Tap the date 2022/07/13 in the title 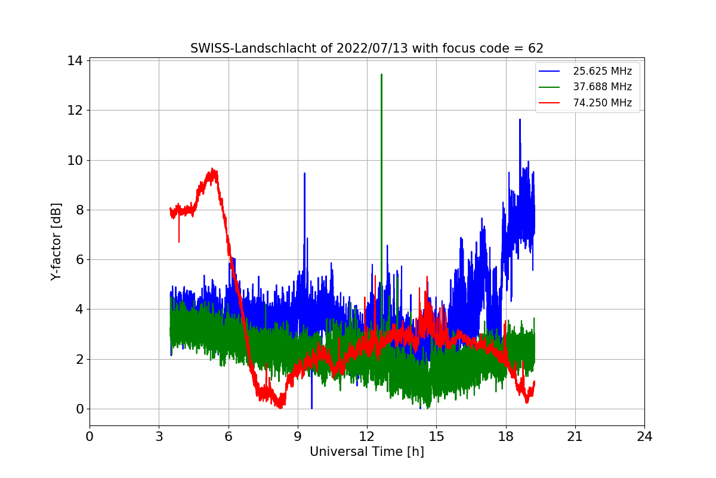pyautogui.click(x=358, y=48)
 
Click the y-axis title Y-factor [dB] pyautogui.click(x=56, y=241)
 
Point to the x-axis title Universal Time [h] pyautogui.click(x=366, y=452)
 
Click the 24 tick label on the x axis pyautogui.click(x=644, y=436)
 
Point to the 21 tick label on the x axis pyautogui.click(x=575, y=436)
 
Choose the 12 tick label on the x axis pyautogui.click(x=366, y=436)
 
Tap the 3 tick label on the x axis pyautogui.click(x=159, y=436)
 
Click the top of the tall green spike pyautogui.click(x=381, y=75)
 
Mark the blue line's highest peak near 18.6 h pyautogui.click(x=520, y=119)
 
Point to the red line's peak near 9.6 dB pyautogui.click(x=213, y=170)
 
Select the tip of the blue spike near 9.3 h pyautogui.click(x=304, y=173)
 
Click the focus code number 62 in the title pyautogui.click(x=536, y=48)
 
